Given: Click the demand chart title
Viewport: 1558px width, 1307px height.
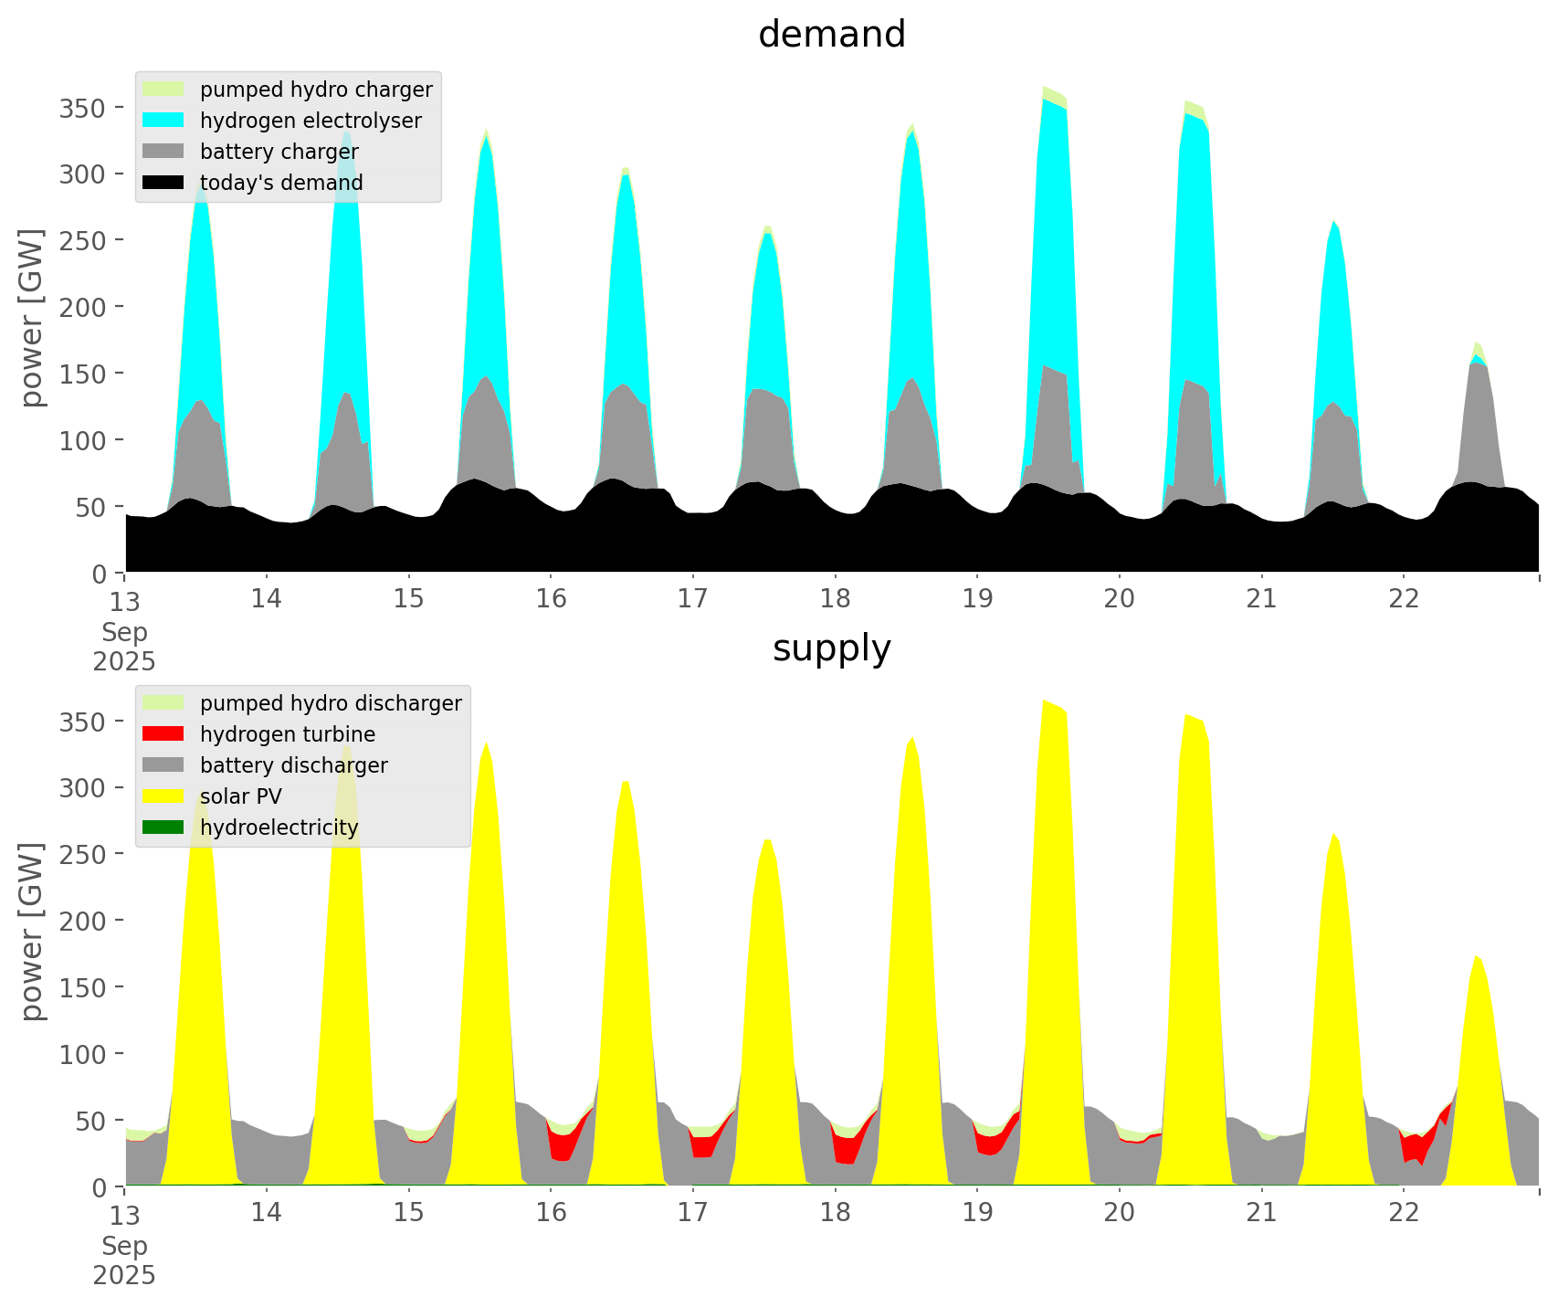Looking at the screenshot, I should pos(831,35).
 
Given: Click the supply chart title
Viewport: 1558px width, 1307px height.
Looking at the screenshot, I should pos(831,648).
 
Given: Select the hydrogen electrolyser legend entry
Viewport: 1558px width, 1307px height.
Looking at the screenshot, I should pos(310,121).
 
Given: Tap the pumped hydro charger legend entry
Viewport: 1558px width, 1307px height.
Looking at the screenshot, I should pos(315,90).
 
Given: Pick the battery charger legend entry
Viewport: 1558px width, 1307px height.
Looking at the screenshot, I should pos(279,152).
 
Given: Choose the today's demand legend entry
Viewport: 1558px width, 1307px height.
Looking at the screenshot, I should pos(280,183).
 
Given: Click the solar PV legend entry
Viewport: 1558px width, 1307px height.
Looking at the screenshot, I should pos(240,796).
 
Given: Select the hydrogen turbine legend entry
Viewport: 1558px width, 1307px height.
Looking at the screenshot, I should pos(287,734).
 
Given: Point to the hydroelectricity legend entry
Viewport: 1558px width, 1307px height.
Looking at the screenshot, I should pos(279,827).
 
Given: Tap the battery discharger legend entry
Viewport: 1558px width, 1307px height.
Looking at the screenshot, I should pos(293,765).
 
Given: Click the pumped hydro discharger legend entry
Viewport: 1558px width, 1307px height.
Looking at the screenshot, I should pos(330,703).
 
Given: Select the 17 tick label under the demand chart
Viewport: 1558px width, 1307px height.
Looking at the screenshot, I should pos(693,599).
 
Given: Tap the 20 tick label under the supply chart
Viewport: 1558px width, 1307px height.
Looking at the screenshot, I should pos(1120,1213).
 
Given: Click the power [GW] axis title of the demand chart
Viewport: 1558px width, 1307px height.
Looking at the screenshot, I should pos(33,318).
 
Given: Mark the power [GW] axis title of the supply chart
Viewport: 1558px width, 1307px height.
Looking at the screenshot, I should pos(33,932).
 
